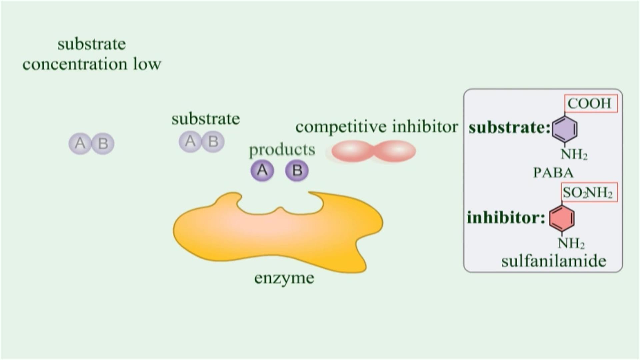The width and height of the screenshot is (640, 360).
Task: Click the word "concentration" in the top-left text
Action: pos(75,64)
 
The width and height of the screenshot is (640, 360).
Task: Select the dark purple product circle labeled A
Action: pos(262,170)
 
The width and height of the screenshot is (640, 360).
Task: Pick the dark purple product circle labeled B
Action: pos(297,170)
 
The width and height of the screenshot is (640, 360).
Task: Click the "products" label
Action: pos(282,150)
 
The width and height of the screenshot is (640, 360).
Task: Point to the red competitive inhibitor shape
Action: pos(374,151)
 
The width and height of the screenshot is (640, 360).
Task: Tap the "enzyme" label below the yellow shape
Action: pos(284,278)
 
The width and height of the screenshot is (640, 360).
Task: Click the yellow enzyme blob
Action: pos(277,233)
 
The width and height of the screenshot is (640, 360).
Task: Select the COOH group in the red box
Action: pos(590,104)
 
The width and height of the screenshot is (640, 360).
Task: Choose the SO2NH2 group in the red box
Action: pos(588,193)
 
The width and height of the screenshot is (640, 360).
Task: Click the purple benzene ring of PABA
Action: pos(564,128)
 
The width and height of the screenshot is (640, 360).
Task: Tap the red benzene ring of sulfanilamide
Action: pos(562,218)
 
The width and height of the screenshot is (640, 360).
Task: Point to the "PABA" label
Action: pos(553,173)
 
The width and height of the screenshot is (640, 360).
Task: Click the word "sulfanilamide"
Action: pos(554,261)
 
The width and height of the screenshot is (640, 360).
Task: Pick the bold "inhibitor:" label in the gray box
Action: pos(506,218)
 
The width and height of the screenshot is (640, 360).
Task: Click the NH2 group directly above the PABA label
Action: pos(574,154)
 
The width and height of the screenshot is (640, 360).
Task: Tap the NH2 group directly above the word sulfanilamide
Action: pos(571,243)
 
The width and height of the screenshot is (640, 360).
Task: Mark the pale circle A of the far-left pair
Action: pos(80,144)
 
